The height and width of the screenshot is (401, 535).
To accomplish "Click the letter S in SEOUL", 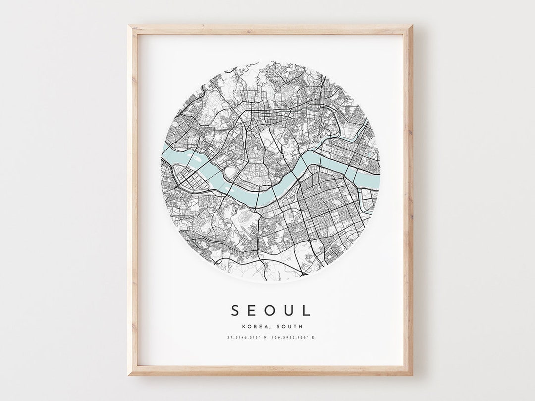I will (236, 310).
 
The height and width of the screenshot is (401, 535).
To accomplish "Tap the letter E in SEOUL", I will (254, 310).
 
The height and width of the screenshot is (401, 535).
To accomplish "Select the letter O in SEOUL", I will (271, 310).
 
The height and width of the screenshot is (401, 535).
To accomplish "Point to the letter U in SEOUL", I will (289, 310).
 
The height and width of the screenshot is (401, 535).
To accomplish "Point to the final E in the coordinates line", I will (313, 338).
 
